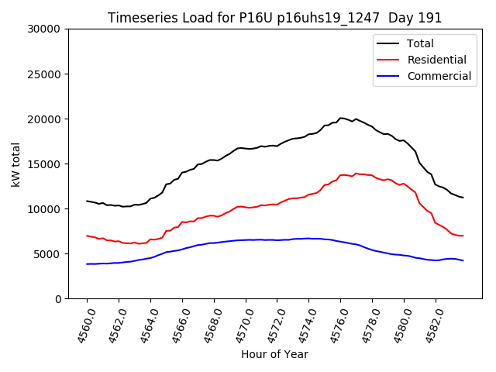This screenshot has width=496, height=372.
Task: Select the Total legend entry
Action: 420,43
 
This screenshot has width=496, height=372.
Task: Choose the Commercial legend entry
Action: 439,76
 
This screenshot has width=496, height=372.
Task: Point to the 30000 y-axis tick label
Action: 44,29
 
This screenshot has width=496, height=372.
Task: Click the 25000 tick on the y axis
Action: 44,74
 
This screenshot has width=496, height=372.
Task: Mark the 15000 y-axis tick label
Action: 44,164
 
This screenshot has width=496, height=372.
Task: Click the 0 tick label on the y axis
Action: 57,299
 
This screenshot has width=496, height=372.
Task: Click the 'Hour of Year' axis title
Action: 274,354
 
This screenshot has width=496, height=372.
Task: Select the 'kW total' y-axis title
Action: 15,164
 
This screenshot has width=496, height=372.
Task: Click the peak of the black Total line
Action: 341,118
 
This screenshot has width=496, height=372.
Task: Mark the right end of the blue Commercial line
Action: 463,260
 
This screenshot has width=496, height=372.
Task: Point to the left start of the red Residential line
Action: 87,236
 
